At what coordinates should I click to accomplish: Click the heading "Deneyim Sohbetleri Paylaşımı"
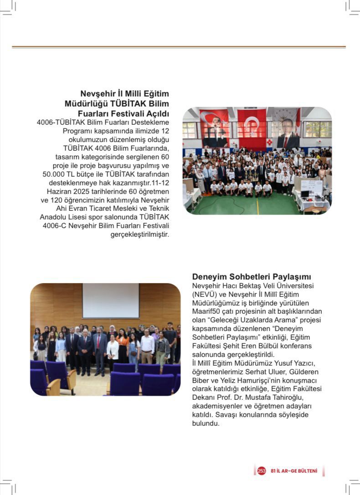252,277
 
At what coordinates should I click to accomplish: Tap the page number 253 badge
262,470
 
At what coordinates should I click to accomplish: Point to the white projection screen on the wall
111,301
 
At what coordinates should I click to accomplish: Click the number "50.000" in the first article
57,174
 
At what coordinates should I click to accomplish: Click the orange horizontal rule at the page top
179,47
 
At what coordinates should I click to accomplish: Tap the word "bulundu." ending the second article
206,424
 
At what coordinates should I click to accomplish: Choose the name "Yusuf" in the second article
266,363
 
